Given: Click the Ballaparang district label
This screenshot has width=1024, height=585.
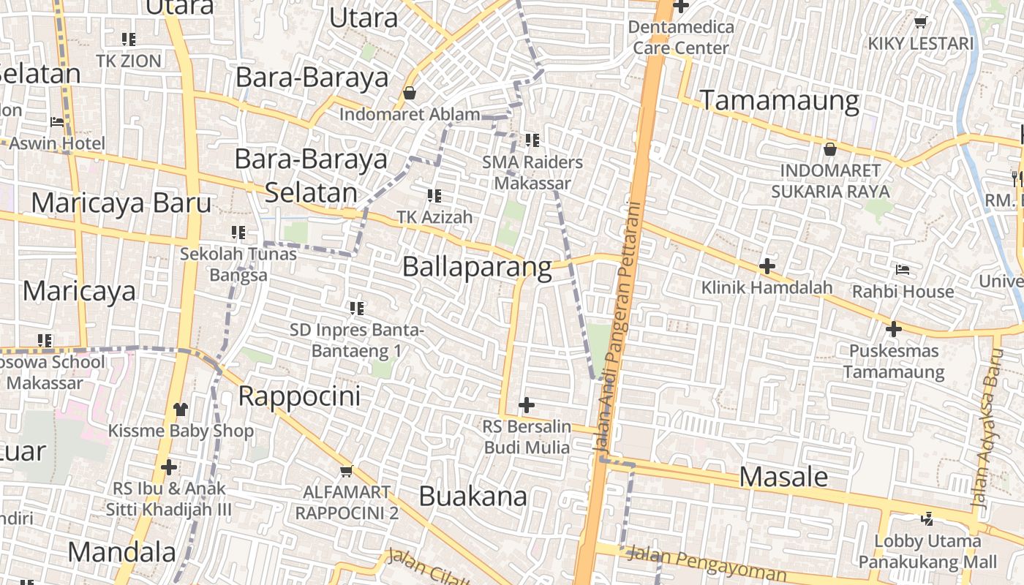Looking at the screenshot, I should (x=477, y=267).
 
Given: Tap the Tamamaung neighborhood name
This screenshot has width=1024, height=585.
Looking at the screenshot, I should (x=780, y=100).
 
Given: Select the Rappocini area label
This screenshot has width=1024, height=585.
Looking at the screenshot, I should (x=300, y=396).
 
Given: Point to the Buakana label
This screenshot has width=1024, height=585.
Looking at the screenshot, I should (x=473, y=497).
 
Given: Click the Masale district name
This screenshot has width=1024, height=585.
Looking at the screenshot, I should (x=783, y=477).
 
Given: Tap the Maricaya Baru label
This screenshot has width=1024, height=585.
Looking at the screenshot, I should (x=121, y=203).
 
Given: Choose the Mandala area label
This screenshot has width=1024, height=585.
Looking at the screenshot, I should (x=122, y=551).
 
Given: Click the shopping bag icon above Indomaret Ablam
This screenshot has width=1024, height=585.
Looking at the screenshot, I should (x=410, y=93).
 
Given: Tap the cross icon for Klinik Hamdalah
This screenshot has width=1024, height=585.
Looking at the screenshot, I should (x=767, y=266).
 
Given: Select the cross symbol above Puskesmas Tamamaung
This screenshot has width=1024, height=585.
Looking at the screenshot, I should (x=893, y=329).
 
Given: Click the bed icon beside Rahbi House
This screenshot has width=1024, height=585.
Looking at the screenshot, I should (x=903, y=270).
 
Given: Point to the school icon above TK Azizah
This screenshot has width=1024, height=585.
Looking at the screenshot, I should (x=434, y=195).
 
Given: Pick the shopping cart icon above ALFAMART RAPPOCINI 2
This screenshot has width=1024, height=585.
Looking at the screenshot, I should (x=346, y=471).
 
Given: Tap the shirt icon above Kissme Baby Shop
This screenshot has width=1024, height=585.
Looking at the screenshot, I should (x=180, y=409).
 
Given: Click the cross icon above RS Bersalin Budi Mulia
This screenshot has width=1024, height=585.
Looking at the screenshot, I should (x=526, y=404).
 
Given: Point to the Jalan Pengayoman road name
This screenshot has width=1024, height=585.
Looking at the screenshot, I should (x=706, y=563).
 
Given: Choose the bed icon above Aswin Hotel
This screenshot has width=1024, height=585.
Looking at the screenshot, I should (x=57, y=121).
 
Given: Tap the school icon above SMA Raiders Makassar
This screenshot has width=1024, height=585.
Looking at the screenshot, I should (x=532, y=140).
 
